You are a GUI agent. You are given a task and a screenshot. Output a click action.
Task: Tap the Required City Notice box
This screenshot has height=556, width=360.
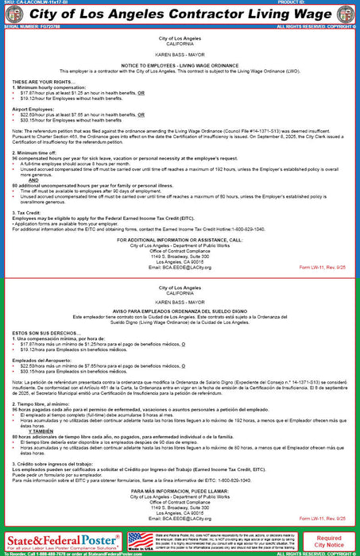(330, 541)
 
